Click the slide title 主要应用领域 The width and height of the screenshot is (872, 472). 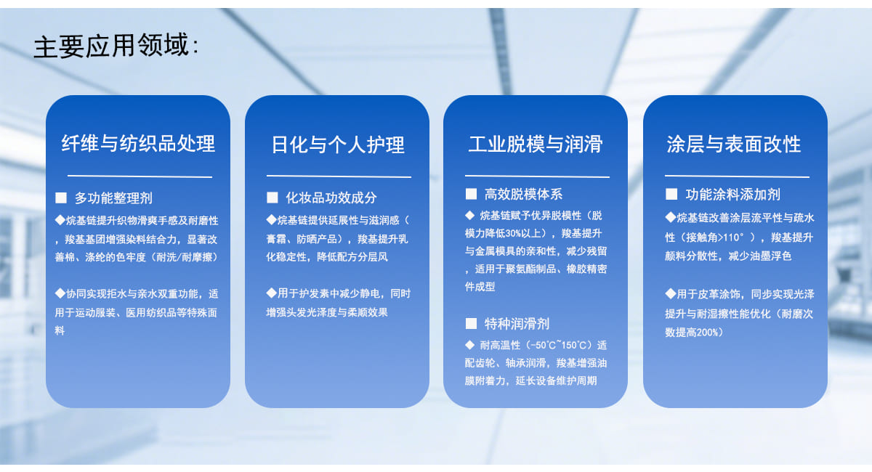[x=111, y=46]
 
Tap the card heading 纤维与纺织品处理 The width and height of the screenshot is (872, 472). [x=138, y=143]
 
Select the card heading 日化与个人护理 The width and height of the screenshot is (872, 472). [x=337, y=145]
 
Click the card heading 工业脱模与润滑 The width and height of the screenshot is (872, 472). [x=536, y=144]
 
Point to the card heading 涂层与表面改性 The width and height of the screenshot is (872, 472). [x=734, y=144]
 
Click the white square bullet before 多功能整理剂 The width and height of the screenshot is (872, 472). [x=61, y=198]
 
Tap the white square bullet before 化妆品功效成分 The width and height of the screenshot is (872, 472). [x=272, y=198]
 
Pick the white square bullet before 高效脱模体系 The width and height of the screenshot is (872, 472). [x=471, y=194]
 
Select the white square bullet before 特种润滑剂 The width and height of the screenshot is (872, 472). [x=471, y=323]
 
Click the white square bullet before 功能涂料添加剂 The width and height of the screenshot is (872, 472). [x=671, y=194]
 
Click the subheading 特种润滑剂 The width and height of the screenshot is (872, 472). [x=517, y=324]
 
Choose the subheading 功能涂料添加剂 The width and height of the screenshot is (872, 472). [x=732, y=195]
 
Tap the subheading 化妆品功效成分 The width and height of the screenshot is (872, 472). [x=331, y=198]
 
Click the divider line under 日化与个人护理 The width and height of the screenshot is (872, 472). [x=339, y=176]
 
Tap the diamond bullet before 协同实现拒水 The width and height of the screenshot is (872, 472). [x=60, y=293]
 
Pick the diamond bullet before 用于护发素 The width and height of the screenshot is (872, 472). [x=271, y=293]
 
